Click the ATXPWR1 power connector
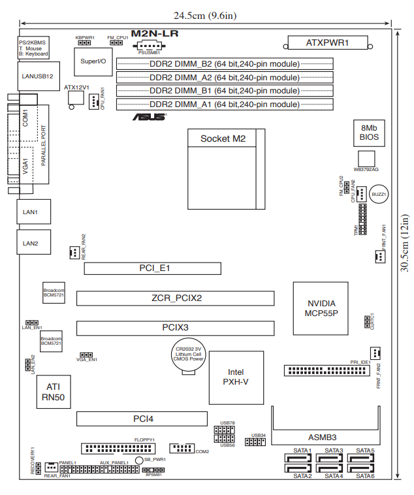point(327,44)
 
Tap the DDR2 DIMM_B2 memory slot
point(225,64)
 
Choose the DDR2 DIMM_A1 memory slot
point(225,104)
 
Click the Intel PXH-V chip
point(238,377)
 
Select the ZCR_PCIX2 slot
point(174,298)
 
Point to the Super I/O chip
point(93,61)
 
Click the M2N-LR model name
point(155,33)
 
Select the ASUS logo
point(150,118)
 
